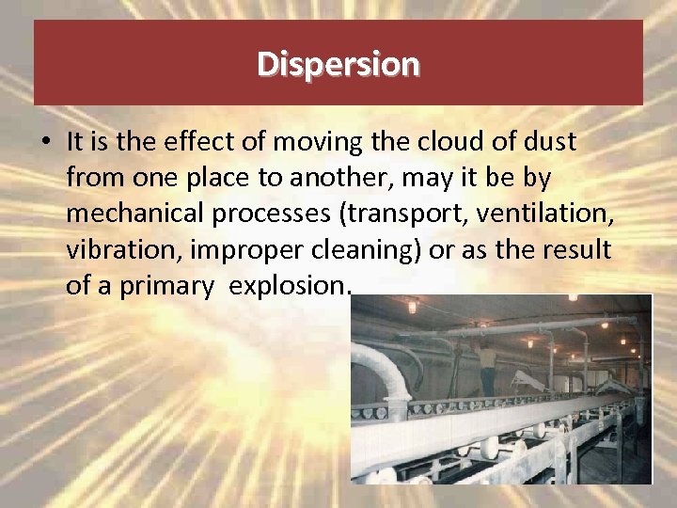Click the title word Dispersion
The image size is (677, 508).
[x=338, y=64]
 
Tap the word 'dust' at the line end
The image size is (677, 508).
[x=549, y=142]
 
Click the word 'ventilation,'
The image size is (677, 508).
[x=545, y=214]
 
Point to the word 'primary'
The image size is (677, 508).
[x=166, y=286]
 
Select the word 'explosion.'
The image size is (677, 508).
[x=290, y=286]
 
